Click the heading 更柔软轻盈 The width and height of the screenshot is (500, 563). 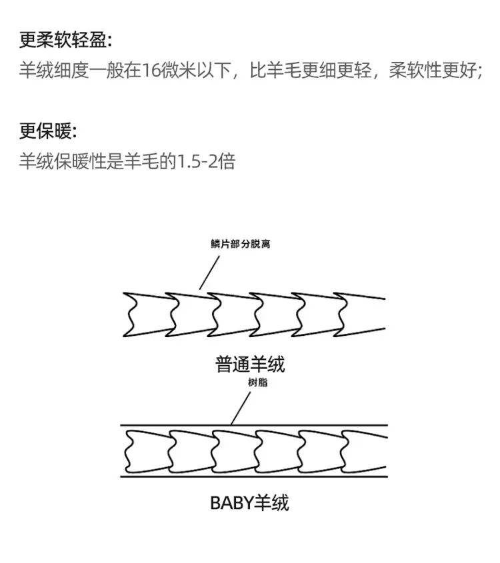tap(63, 39)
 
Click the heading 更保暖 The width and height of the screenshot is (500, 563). tap(45, 131)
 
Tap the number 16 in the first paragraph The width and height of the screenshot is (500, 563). tap(151, 71)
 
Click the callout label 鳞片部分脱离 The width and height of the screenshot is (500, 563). tap(240, 244)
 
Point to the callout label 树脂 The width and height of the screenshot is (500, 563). tap(257, 382)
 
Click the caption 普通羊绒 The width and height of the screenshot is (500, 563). tap(250, 364)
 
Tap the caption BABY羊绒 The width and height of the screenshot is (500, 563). tap(249, 502)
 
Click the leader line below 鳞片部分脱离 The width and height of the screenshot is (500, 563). tap(209, 273)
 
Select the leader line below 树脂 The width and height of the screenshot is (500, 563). tap(241, 408)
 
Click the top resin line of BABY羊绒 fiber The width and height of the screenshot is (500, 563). tap(254, 425)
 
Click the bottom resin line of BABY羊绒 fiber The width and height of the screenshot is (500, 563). tap(254, 476)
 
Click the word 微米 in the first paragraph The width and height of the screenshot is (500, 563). tap(178, 71)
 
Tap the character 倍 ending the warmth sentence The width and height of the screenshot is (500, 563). tap(227, 162)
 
